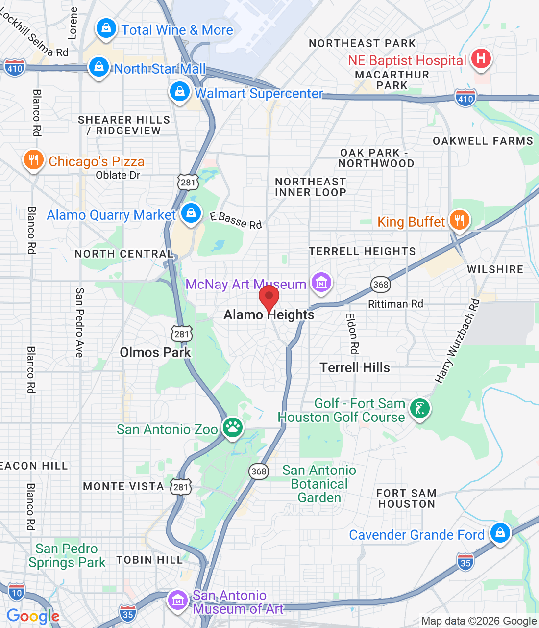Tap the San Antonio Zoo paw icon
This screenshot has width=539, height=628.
point(233,427)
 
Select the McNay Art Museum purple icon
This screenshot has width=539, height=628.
point(321,283)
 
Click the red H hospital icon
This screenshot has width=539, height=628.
point(481,58)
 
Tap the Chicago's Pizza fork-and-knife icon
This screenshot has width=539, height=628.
point(33,160)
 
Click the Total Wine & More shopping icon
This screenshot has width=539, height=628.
point(106,28)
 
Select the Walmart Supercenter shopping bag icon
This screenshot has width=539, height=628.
point(179,91)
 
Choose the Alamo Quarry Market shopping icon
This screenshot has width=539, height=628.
point(191,213)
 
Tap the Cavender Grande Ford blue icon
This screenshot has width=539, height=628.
point(500,532)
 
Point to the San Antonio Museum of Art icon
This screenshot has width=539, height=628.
point(177,600)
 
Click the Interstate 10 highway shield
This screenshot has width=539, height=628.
point(17,592)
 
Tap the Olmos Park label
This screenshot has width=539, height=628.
point(155,352)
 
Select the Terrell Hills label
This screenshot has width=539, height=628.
point(355,367)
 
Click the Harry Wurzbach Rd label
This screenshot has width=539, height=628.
point(457,341)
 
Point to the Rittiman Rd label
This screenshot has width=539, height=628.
point(395,304)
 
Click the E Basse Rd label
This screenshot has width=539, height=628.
point(236,220)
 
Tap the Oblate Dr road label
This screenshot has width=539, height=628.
point(118,175)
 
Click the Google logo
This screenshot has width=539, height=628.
point(33,616)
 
